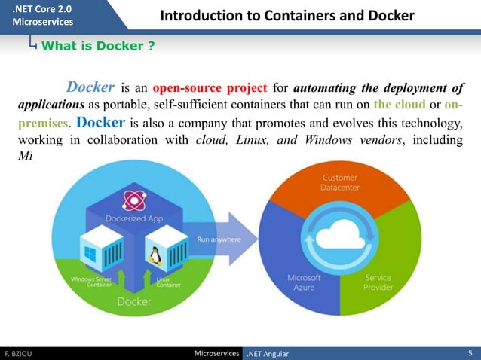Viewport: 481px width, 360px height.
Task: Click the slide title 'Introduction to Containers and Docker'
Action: tap(287, 16)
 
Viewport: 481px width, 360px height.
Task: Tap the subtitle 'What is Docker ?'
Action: tap(98, 47)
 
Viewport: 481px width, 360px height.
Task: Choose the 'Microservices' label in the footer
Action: tap(216, 353)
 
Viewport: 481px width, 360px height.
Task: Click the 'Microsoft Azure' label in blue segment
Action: tap(304, 282)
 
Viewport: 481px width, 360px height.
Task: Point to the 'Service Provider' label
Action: tap(378, 283)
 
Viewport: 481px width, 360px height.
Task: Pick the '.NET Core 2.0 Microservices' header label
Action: tap(44, 14)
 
